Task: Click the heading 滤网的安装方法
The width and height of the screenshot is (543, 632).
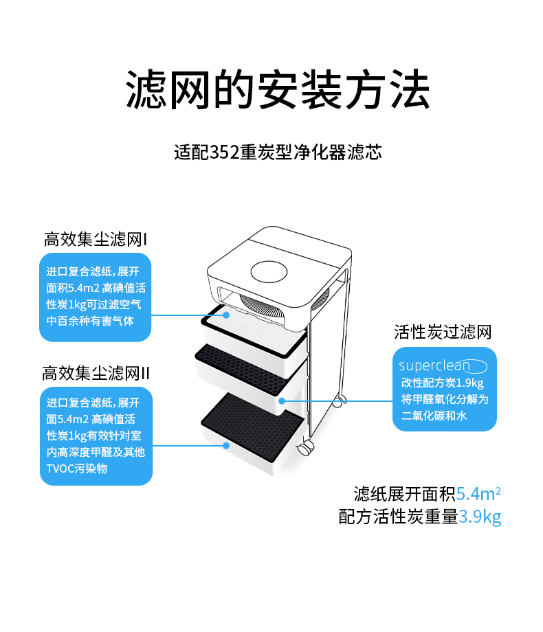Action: click(x=278, y=89)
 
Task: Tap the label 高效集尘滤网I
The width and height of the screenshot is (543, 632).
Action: click(x=96, y=240)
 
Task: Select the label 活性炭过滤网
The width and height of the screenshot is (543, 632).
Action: click(x=443, y=332)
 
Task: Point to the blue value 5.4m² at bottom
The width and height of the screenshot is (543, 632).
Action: click(x=478, y=494)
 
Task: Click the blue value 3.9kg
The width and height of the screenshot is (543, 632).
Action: click(x=480, y=517)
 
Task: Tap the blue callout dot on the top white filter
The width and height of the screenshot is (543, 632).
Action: click(x=229, y=315)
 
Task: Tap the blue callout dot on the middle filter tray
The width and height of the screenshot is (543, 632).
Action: click(x=282, y=399)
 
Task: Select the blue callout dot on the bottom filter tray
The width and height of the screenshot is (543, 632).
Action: click(x=226, y=446)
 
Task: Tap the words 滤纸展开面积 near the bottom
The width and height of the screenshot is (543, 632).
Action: click(x=404, y=494)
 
